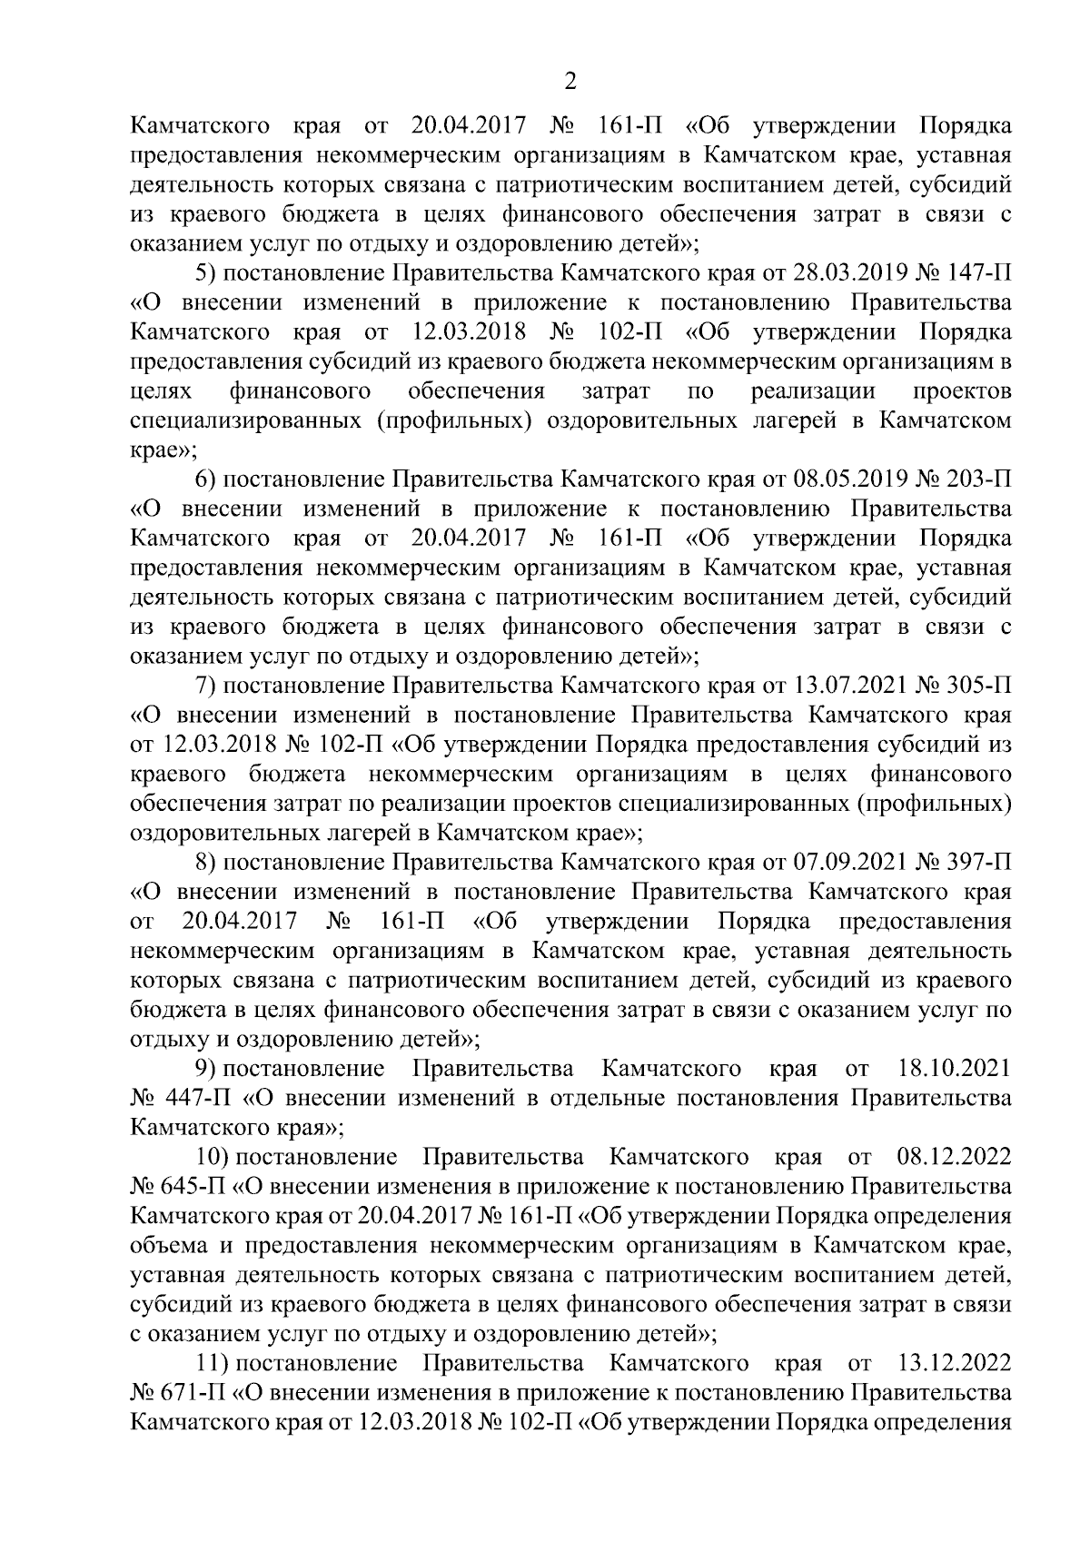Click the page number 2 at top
pyautogui.click(x=570, y=82)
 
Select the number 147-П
pyautogui.click(x=977, y=273)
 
